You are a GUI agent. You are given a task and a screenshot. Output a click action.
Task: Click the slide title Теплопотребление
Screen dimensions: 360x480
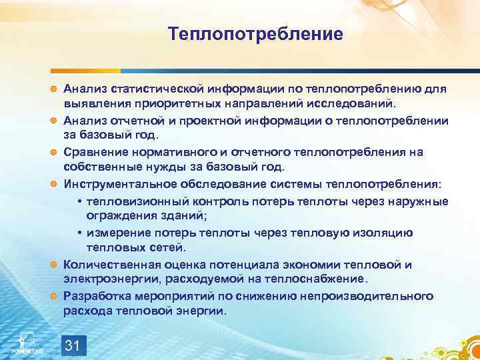[x=255, y=33]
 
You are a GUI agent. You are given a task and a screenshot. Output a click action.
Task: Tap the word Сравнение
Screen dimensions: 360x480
[x=95, y=152]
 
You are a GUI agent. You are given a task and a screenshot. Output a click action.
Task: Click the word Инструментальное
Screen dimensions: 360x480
[x=121, y=184]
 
